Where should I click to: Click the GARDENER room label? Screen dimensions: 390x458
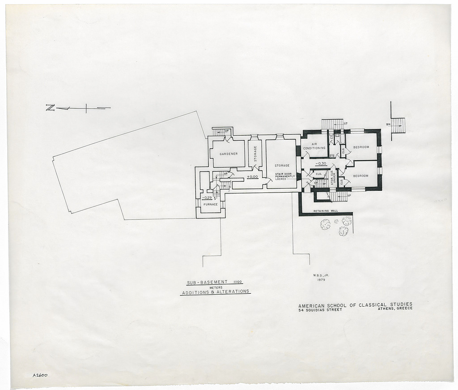click(x=228, y=154)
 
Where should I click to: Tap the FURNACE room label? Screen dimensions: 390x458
click(x=210, y=204)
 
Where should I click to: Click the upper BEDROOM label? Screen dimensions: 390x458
click(x=361, y=147)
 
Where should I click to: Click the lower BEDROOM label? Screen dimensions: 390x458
click(x=360, y=176)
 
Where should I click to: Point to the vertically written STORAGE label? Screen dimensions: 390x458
click(x=255, y=154)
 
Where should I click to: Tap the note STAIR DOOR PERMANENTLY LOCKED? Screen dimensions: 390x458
click(x=285, y=176)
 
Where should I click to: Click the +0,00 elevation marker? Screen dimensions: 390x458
click(x=253, y=176)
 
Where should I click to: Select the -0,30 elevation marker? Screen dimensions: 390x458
click(x=321, y=163)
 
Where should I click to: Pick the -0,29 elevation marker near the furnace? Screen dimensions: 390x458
click(x=207, y=197)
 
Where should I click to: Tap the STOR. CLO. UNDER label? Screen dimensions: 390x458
click(x=333, y=178)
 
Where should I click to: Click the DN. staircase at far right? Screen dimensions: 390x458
click(x=398, y=125)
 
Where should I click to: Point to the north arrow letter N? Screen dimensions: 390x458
click(x=50, y=107)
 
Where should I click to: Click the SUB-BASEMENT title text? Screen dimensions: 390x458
click(x=207, y=283)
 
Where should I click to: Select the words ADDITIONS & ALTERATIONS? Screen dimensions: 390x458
click(x=215, y=291)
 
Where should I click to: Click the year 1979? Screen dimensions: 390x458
click(x=321, y=280)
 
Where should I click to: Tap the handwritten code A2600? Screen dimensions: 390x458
click(x=40, y=375)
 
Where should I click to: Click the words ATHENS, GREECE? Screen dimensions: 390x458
click(x=395, y=309)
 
